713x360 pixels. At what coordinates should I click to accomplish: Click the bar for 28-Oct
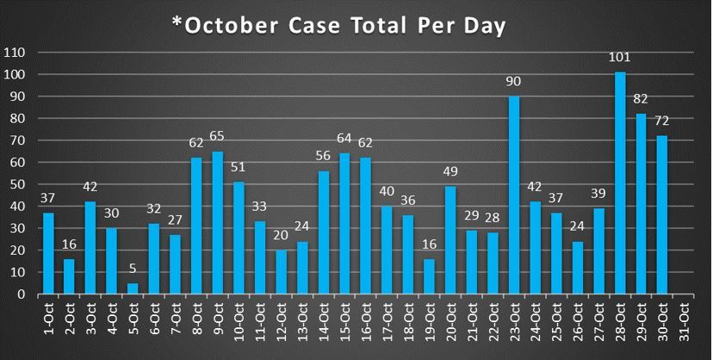(620, 183)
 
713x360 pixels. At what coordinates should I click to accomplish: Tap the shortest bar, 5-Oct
(133, 289)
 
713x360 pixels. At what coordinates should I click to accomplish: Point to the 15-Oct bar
(344, 223)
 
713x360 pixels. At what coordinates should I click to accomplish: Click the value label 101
(620, 59)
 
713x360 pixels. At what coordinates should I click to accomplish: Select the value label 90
(514, 83)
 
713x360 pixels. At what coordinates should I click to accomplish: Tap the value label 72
(661, 122)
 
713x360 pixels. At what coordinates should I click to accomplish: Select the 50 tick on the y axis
(21, 184)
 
